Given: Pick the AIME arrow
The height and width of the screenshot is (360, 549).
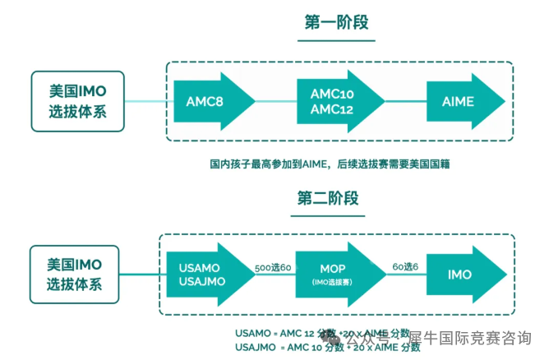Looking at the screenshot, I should click(x=463, y=101).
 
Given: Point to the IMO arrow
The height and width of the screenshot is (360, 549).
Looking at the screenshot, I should click(x=463, y=275).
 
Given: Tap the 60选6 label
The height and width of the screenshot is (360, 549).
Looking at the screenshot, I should click(x=405, y=269).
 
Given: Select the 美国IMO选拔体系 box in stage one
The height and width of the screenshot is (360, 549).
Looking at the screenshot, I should click(x=78, y=101).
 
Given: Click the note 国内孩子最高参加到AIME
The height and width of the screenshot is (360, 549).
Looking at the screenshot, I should click(x=329, y=164).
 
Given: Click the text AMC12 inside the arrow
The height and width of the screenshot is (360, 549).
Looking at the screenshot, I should click(x=334, y=110).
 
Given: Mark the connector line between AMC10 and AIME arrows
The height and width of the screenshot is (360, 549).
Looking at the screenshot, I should click(x=404, y=101).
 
